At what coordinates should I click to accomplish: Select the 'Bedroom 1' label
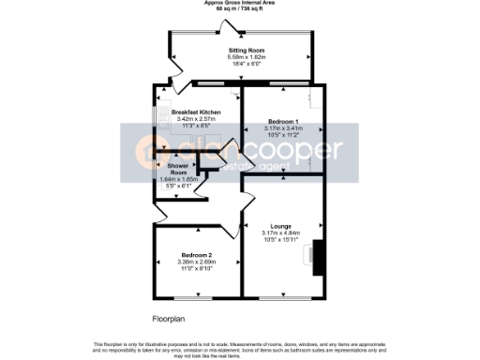point(282,123)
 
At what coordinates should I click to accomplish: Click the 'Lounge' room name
point(281,226)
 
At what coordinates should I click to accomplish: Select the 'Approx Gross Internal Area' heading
point(241,3)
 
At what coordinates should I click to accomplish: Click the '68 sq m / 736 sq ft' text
point(241,8)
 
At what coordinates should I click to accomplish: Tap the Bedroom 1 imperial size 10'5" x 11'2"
point(282,136)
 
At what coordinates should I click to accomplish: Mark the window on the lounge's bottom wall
point(281,297)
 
